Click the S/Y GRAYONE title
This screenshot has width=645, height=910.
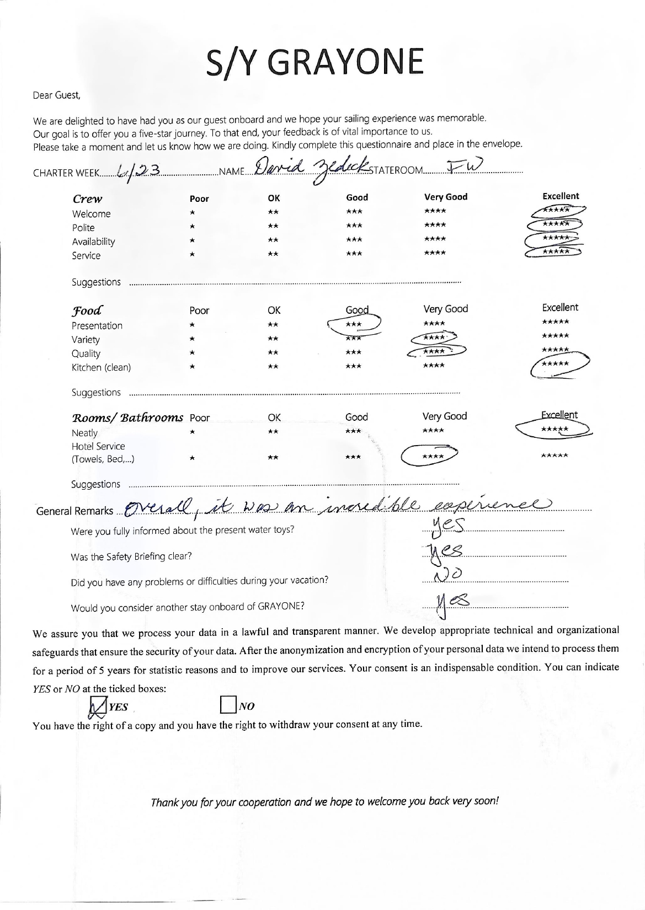(315, 62)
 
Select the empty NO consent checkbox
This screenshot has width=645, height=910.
(228, 706)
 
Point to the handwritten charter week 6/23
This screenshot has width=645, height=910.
(135, 172)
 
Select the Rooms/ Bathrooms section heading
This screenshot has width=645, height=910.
(128, 417)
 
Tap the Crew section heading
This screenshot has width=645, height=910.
(87, 199)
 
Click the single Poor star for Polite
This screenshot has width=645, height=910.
(192, 226)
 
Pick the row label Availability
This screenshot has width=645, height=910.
(93, 242)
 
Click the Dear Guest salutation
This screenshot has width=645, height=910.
(57, 95)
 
